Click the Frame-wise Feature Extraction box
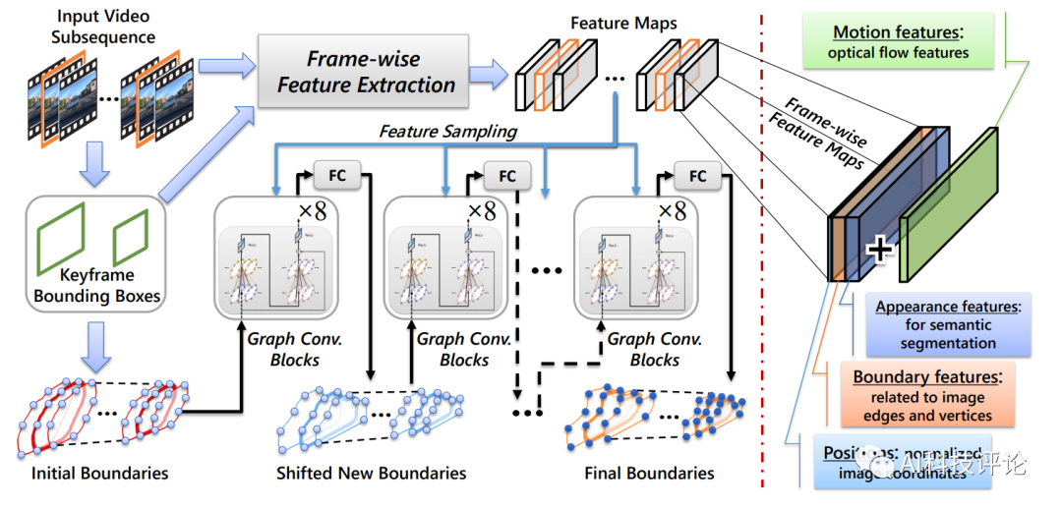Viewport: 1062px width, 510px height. click(366, 72)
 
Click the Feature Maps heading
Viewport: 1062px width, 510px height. click(623, 23)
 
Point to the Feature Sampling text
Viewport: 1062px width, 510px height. click(448, 131)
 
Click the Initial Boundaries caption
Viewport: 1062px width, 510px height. click(99, 474)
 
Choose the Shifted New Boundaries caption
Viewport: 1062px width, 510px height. click(371, 474)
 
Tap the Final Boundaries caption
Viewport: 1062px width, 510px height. click(649, 474)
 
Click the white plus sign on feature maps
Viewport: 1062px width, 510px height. click(879, 250)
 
